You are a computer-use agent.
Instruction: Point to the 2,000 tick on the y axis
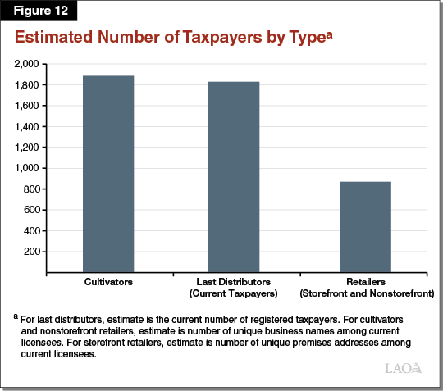click(28, 64)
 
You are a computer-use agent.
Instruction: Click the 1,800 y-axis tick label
click(28, 85)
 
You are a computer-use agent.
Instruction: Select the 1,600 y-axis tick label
click(28, 106)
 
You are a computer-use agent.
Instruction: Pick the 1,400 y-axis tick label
click(28, 126)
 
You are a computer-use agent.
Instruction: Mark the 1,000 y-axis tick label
click(28, 168)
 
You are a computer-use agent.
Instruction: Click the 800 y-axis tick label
click(32, 189)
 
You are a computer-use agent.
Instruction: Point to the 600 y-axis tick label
click(32, 210)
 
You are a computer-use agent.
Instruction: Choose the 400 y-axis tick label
click(32, 230)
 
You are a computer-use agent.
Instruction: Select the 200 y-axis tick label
click(32, 252)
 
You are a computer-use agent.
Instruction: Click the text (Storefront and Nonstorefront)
click(366, 293)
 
